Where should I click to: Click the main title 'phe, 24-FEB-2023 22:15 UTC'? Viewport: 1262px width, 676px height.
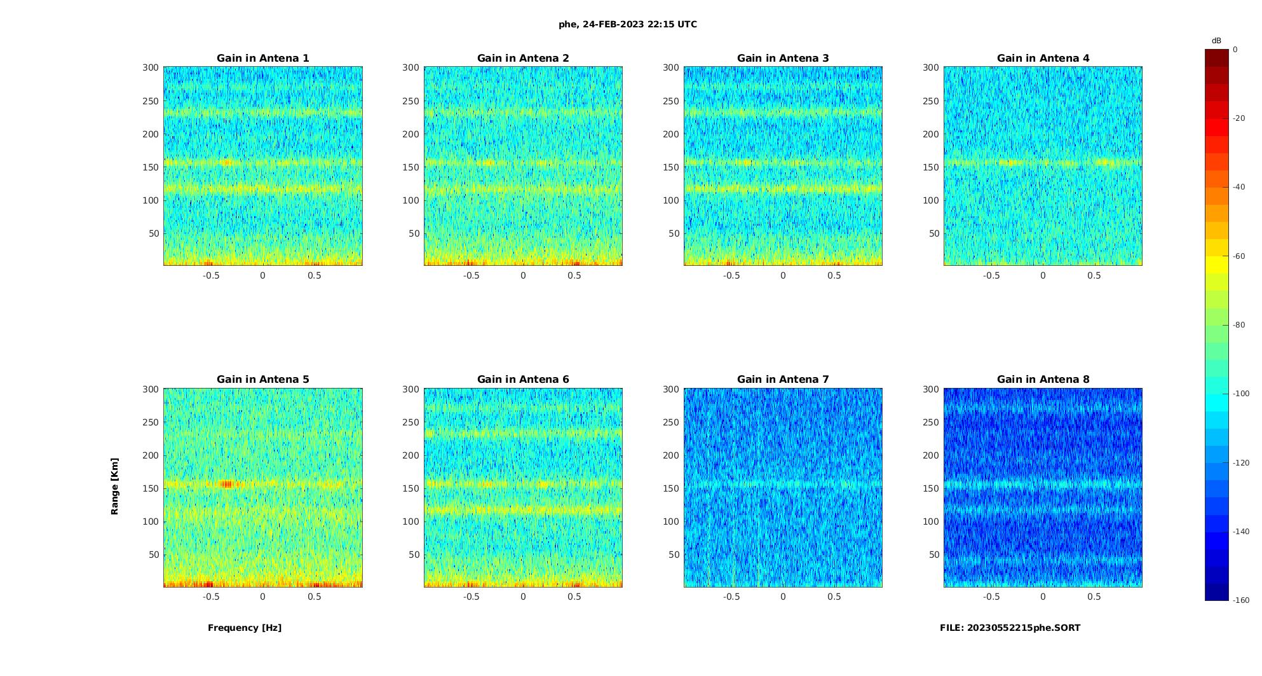click(627, 24)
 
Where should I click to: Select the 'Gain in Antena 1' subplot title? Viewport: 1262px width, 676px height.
click(262, 58)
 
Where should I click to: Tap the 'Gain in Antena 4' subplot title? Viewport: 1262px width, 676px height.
click(1043, 58)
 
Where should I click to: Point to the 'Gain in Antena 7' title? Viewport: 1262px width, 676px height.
click(783, 379)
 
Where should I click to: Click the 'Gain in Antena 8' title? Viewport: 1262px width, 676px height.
click(1043, 379)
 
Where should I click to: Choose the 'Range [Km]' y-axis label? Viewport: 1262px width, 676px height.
click(114, 486)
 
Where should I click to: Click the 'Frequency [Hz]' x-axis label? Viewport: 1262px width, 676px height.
click(245, 628)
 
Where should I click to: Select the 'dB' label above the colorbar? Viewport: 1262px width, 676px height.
click(1216, 41)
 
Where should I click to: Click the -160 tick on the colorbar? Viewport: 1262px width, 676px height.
click(1241, 600)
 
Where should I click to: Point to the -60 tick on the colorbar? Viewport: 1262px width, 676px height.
click(1239, 256)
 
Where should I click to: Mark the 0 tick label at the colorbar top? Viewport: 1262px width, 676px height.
click(1235, 50)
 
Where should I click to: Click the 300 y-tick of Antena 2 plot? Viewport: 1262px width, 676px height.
click(410, 67)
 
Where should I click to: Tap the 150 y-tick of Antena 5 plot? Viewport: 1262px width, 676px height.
click(151, 488)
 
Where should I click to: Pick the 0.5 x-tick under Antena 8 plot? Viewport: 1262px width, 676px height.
click(1094, 597)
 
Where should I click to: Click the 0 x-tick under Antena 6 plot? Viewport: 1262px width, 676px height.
click(523, 597)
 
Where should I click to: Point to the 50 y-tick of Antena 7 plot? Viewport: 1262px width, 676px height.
click(674, 555)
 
